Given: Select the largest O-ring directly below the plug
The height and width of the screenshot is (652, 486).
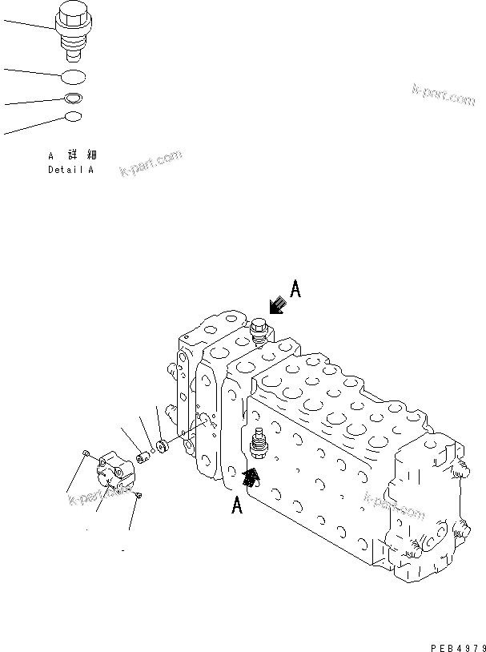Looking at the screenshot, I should tap(74, 77).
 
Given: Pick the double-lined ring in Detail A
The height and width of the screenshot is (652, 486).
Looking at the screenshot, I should tap(73, 99).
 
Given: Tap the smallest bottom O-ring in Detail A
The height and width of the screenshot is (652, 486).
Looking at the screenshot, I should tap(73, 117).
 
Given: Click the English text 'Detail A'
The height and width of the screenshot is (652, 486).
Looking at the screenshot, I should tap(70, 170).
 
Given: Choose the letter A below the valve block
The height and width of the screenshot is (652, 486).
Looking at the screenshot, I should tap(237, 506).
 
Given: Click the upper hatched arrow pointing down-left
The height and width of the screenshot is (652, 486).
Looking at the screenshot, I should tap(278, 305).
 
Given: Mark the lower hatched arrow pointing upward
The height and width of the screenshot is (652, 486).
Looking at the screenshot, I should tap(251, 478).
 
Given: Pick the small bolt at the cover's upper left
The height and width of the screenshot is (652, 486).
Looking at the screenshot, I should tap(86, 455).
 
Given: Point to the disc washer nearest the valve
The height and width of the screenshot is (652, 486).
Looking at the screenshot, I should tap(161, 445).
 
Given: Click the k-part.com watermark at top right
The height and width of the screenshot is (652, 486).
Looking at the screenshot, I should tap(444, 95).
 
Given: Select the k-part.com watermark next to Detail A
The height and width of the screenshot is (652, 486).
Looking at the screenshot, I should tap(151, 165).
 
